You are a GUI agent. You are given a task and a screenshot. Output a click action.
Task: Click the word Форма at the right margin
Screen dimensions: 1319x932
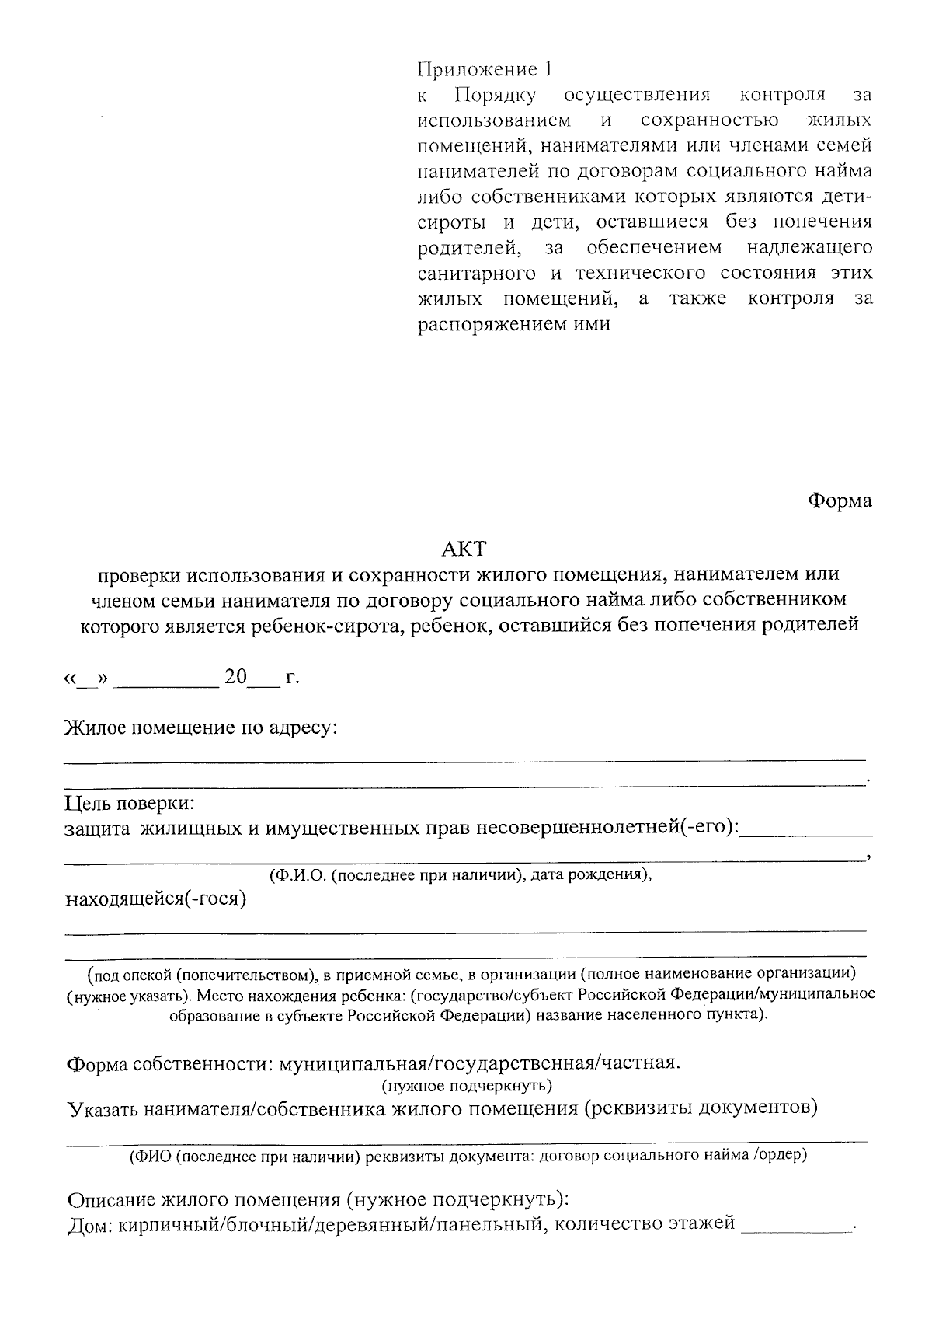[x=840, y=501]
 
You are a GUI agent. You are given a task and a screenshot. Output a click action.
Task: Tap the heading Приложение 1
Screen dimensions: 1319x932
[x=485, y=70]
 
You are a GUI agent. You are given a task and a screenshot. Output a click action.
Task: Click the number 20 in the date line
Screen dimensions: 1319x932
[x=235, y=677]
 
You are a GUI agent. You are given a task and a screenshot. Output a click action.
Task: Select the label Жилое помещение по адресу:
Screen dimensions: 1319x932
[x=201, y=728]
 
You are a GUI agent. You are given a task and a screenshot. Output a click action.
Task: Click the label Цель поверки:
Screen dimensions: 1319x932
[x=130, y=803]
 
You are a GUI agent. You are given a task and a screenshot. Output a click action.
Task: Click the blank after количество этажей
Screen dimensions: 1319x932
[x=796, y=1228]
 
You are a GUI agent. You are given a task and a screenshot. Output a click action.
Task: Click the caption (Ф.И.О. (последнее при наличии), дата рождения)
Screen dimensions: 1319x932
[x=460, y=874]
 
